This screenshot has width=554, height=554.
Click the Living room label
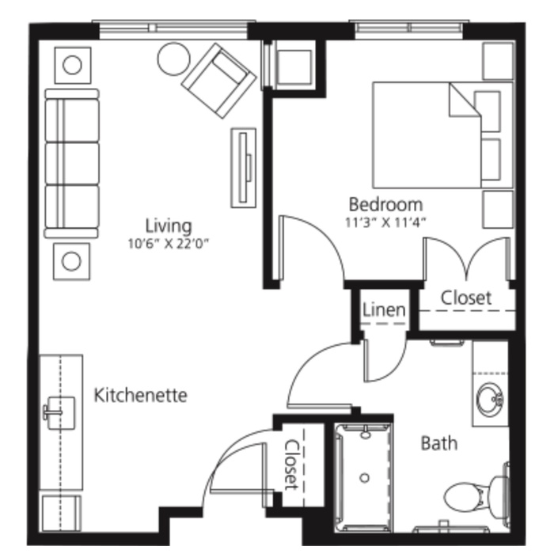[x=169, y=227]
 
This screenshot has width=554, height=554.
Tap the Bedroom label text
[x=385, y=204]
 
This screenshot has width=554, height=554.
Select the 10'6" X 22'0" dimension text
[x=169, y=244]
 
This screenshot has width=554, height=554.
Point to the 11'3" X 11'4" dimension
[x=385, y=222]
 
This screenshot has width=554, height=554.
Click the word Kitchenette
[x=140, y=395]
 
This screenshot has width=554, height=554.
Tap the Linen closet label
[x=384, y=310]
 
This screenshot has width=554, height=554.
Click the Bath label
[x=439, y=443]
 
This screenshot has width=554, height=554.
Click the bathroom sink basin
[x=490, y=399]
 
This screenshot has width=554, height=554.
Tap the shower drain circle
[x=365, y=478]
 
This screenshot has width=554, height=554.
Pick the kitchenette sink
[x=60, y=412]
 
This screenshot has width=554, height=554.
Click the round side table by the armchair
[x=173, y=59]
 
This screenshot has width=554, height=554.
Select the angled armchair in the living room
[x=218, y=81]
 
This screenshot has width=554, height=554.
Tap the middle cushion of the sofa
[x=73, y=163]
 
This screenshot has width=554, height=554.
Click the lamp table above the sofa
[x=73, y=66]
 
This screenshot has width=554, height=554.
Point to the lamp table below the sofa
[x=71, y=261]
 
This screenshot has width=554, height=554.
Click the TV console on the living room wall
[x=244, y=168]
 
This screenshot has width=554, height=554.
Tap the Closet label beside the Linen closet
[x=466, y=298]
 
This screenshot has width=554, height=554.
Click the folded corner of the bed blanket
[x=465, y=100]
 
